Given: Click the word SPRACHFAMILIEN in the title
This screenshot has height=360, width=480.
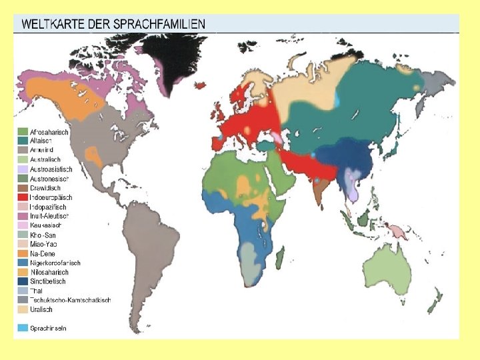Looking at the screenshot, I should coord(163,24).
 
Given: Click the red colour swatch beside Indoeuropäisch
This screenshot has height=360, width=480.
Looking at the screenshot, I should coord(23,198).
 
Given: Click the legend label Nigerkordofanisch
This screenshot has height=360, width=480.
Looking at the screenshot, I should coord(55,263).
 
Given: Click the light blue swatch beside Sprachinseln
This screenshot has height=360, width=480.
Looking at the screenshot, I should coord(23,328).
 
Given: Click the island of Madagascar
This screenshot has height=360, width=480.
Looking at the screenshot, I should coord(281,257).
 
